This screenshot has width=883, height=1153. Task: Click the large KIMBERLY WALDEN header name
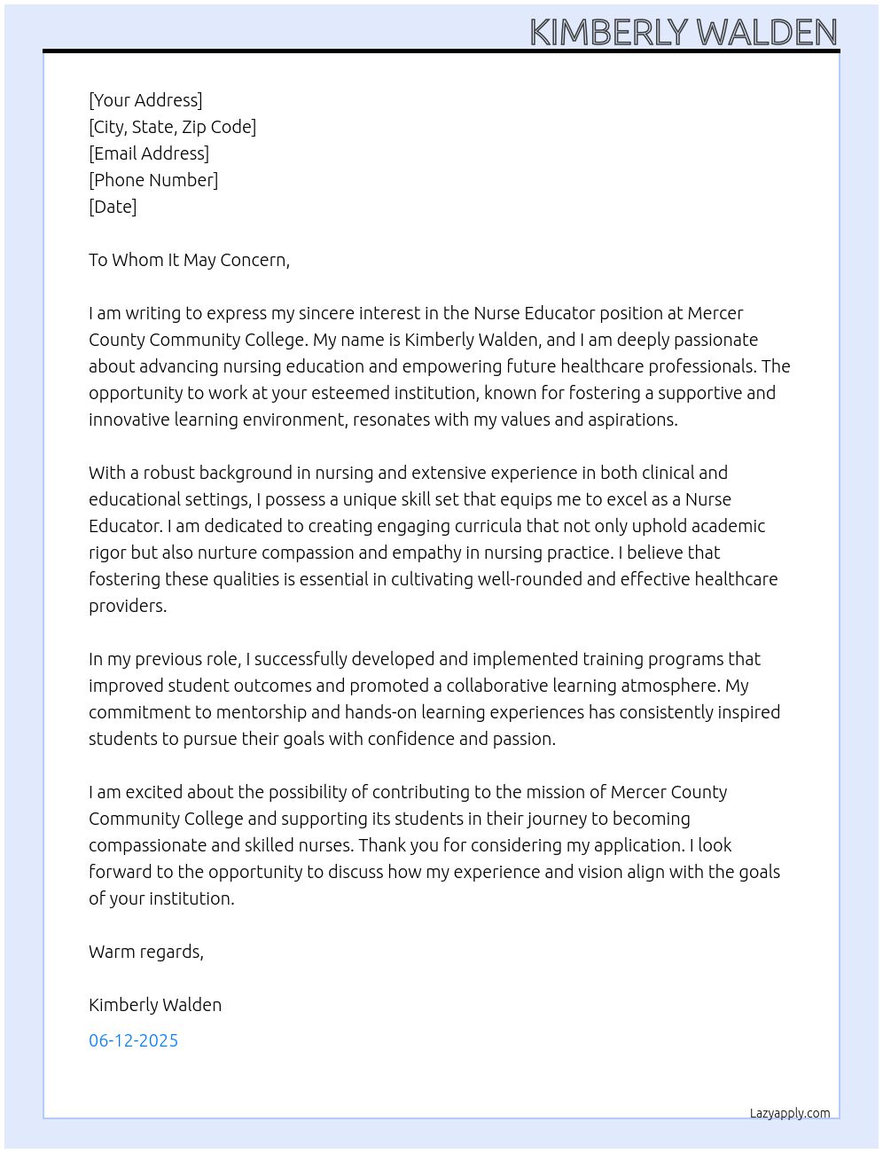coord(683,32)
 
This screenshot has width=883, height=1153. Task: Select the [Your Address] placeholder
coord(145,100)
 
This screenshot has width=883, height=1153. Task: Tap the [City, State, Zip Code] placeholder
coord(172,127)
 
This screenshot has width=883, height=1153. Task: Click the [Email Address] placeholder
coord(149,153)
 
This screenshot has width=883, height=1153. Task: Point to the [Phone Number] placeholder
coord(153,180)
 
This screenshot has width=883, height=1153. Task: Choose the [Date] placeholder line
coord(113,207)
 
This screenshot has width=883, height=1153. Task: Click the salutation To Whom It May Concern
coord(189,260)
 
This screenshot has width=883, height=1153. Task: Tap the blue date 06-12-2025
coord(133,1040)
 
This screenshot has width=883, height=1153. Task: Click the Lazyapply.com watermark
coord(789,1113)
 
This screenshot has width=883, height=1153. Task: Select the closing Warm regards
coord(145,952)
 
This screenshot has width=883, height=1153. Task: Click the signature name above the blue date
coord(155,1005)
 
